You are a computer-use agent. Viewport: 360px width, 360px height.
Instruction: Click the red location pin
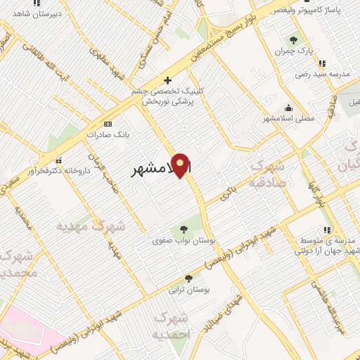182,166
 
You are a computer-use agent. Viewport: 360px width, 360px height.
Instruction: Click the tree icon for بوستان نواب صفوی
184,229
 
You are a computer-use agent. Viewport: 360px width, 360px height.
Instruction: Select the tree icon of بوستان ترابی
188,278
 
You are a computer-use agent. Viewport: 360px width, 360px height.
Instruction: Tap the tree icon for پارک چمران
293,41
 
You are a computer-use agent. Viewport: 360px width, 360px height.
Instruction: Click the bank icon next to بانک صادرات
108,123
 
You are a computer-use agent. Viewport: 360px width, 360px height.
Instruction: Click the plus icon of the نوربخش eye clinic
167,80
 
